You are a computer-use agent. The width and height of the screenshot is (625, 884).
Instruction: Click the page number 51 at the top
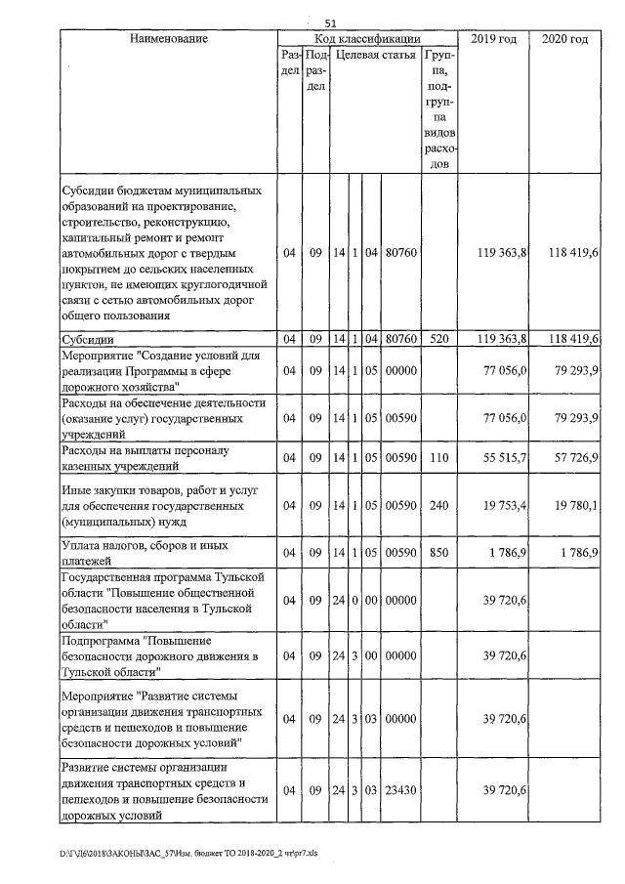click(x=330, y=22)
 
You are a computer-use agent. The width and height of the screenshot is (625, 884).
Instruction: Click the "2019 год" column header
click(x=494, y=39)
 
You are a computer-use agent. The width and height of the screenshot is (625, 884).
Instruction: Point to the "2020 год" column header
click(x=564, y=39)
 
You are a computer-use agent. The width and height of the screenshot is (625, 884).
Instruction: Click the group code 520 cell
click(x=438, y=339)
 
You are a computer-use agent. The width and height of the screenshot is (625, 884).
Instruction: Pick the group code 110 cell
click(x=438, y=457)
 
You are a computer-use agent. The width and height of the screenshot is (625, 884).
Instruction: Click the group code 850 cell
click(x=438, y=552)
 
